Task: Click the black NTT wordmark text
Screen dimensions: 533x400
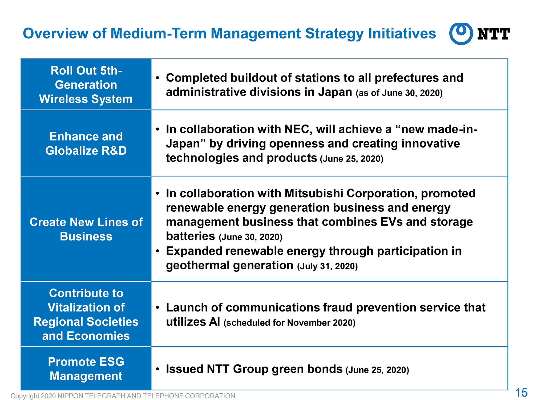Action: click(x=494, y=34)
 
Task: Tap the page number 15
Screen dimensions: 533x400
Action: click(x=521, y=393)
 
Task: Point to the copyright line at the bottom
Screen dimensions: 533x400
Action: click(x=123, y=396)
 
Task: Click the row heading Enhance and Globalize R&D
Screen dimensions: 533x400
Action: click(x=86, y=143)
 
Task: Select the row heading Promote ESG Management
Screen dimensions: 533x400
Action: click(x=86, y=369)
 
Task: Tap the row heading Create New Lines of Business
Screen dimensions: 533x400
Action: click(x=86, y=229)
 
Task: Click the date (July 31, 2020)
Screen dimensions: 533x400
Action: click(x=328, y=266)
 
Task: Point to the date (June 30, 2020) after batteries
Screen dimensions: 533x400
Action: click(x=251, y=237)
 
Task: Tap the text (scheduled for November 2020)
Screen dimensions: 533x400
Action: click(x=290, y=323)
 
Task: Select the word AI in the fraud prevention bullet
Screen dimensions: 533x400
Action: click(x=215, y=322)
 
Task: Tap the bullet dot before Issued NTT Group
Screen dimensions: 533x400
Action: click(x=158, y=369)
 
